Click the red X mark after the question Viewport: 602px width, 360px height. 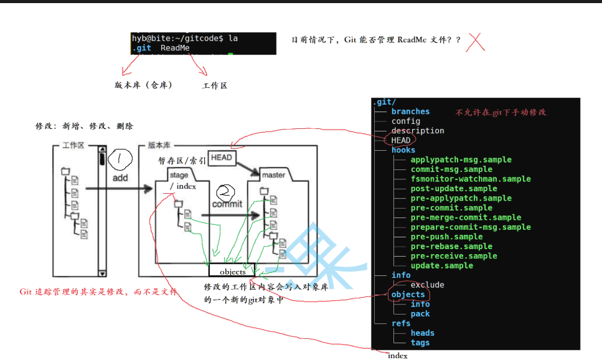(476, 41)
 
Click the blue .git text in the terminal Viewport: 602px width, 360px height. (141, 48)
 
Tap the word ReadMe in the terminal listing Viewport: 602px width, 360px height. (175, 48)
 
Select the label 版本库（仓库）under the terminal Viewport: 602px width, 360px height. (143, 85)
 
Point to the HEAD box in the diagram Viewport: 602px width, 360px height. (222, 158)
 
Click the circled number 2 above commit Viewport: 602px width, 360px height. (226, 192)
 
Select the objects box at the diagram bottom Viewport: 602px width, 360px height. (232, 272)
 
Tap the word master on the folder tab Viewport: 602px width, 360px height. (274, 175)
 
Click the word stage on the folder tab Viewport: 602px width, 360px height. (179, 176)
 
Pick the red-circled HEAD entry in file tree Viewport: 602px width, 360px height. (401, 140)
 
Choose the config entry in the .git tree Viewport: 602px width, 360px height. (406, 121)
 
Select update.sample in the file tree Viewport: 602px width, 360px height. (441, 265)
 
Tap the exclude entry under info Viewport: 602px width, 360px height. (427, 285)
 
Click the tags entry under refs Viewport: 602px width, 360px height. (420, 343)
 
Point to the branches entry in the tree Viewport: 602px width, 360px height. (411, 111)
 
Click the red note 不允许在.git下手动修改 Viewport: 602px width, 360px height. (501, 112)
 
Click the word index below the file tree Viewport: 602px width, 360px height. (397, 356)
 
